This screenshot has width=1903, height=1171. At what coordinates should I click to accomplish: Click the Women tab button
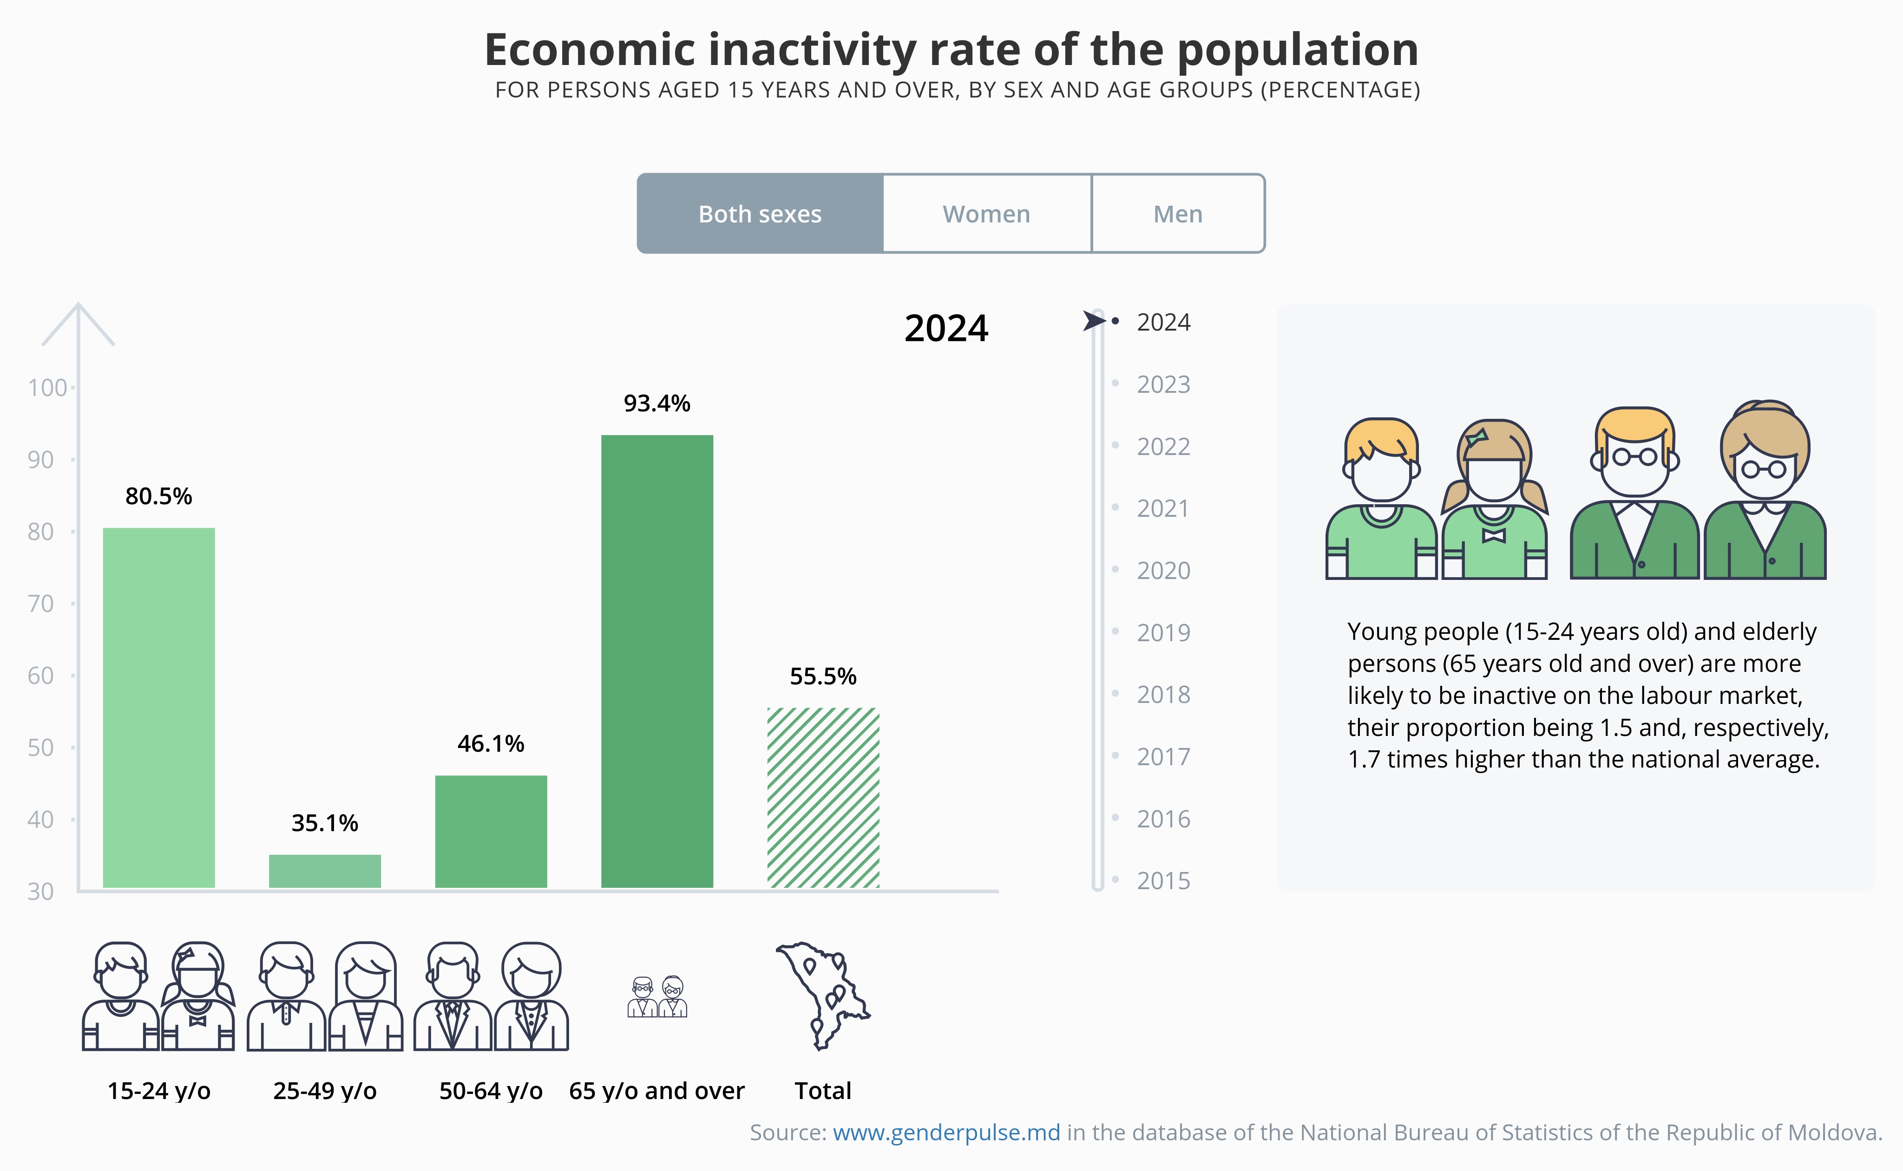coord(986,214)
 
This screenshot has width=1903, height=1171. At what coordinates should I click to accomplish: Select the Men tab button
coord(1178,214)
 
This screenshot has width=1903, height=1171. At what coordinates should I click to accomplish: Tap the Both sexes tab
coord(759,214)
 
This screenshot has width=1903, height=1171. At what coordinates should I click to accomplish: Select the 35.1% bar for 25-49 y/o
coord(325,871)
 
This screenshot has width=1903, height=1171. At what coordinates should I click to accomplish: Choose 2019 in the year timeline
coord(1162,633)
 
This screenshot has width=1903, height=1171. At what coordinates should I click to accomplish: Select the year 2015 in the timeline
coord(1162,881)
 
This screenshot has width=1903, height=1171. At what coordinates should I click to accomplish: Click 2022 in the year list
coord(1162,447)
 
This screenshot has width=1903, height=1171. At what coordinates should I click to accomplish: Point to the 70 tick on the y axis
coord(41,603)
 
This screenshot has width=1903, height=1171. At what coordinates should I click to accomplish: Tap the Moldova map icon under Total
coord(823,995)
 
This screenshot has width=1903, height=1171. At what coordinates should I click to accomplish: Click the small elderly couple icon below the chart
coord(657,997)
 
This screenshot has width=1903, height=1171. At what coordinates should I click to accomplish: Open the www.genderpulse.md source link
coord(946,1132)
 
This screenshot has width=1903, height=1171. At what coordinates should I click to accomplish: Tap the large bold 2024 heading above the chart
coord(946,328)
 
